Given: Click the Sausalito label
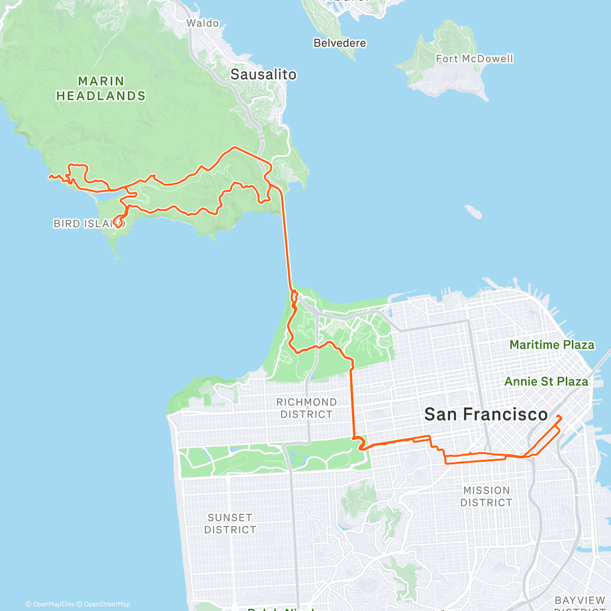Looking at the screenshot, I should (263, 74).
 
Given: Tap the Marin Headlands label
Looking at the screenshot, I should (101, 89).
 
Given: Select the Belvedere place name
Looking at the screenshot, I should (340, 43).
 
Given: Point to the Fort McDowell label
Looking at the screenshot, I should (475, 59).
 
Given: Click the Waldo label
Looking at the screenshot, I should (203, 23).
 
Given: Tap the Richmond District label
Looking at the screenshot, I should (307, 408).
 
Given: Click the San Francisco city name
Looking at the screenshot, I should (486, 414).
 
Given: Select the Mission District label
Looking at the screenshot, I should (486, 496).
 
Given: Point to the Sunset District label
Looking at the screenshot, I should (230, 523).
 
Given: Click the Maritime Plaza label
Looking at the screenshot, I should (552, 345).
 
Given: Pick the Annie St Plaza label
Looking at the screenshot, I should (546, 381).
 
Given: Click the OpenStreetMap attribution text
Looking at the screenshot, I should (106, 604).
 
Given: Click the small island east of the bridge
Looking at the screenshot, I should (474, 211).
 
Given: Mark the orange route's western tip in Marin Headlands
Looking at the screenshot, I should (50, 177).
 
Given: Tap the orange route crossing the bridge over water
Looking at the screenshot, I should (287, 239).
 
